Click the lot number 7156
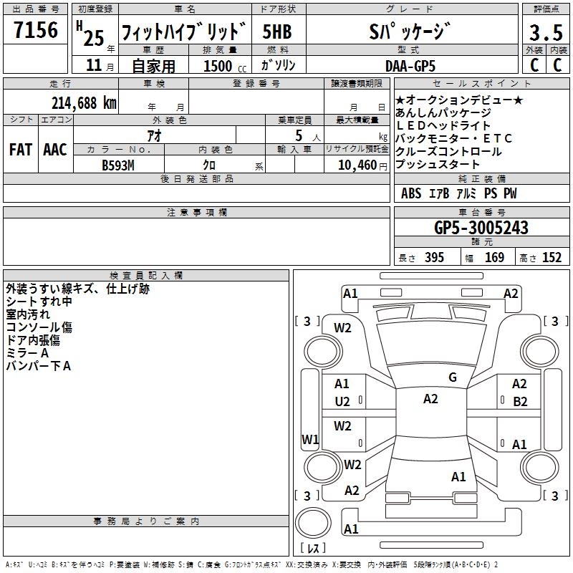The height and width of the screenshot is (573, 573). (x=36, y=29)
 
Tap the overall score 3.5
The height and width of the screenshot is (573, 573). (x=546, y=32)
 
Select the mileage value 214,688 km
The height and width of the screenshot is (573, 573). (x=84, y=103)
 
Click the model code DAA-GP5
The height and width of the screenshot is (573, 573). (x=410, y=66)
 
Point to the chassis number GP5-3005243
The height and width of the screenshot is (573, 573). (x=481, y=227)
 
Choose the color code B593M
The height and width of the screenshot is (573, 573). (x=118, y=165)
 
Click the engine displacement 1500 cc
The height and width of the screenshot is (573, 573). (x=225, y=66)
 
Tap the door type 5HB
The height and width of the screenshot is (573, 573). (x=277, y=32)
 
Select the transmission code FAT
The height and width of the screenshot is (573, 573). (x=21, y=150)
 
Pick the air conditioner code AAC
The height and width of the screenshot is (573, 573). (x=55, y=150)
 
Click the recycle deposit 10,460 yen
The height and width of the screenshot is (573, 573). (x=362, y=165)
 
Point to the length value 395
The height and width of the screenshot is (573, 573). (x=435, y=257)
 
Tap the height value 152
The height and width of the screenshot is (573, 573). (x=552, y=257)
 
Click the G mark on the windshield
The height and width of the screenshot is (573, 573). (x=453, y=377)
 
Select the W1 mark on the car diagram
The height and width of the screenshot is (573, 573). (x=310, y=439)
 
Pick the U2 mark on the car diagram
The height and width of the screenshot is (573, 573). (x=342, y=402)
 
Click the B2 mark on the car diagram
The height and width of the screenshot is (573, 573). (x=520, y=402)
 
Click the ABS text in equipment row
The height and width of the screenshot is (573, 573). (x=411, y=193)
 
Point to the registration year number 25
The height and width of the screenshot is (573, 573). (x=94, y=38)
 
